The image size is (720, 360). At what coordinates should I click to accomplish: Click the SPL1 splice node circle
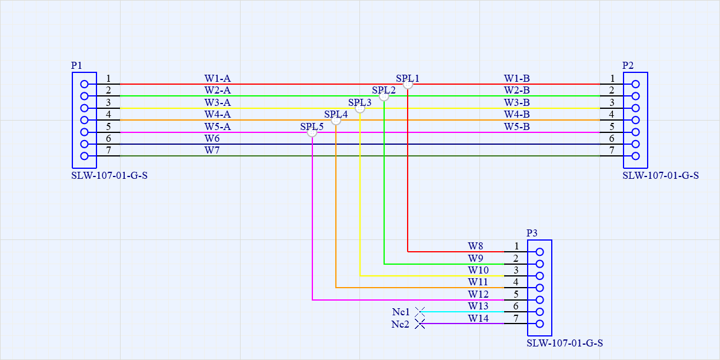[408, 84]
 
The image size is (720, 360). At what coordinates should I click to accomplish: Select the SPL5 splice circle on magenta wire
[312, 132]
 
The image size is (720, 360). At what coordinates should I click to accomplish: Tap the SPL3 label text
[359, 102]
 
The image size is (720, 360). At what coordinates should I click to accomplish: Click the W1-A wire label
[217, 78]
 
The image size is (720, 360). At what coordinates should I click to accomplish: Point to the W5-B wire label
[516, 126]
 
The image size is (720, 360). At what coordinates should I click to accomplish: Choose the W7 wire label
[212, 151]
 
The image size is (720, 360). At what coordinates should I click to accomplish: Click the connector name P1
[76, 65]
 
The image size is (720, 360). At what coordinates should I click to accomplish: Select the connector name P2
[628, 65]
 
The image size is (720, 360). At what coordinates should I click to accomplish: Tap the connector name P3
[532, 233]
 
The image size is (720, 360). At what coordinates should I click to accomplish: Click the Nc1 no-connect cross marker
[420, 312]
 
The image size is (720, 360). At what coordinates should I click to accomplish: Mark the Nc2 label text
[400, 324]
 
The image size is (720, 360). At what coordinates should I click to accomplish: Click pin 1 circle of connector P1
[84, 84]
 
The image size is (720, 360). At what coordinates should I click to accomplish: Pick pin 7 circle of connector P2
[635, 156]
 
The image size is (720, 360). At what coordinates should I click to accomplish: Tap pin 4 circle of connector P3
[539, 288]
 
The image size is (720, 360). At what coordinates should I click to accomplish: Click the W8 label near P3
[475, 246]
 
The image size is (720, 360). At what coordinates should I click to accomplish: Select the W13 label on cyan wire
[478, 306]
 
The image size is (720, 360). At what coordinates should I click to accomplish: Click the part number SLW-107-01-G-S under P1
[109, 175]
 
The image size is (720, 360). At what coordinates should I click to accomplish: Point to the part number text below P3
[565, 343]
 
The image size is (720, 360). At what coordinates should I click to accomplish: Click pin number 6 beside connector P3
[516, 306]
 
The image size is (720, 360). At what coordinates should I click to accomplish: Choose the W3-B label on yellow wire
[516, 102]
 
